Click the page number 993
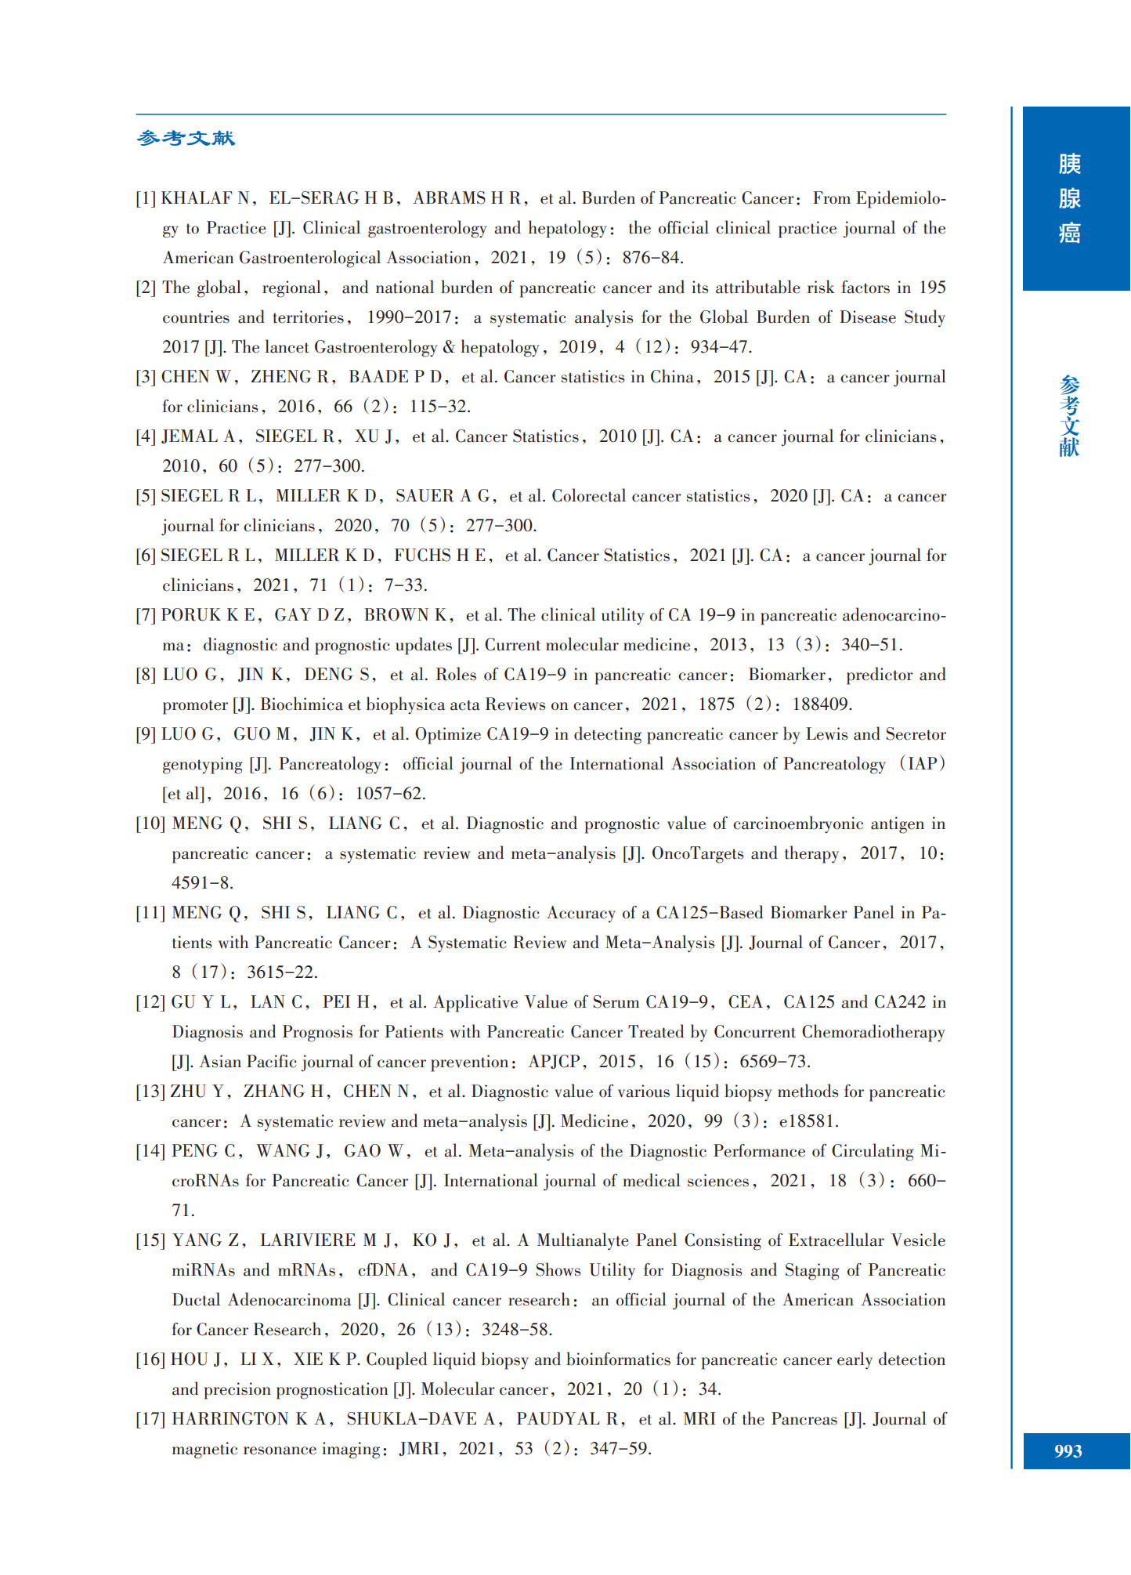pos(1068,1450)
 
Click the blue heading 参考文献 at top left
pos(186,139)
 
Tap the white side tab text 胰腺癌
pos(1069,198)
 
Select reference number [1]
pos(146,198)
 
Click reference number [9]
pos(146,734)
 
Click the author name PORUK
pos(191,615)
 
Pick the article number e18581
pos(808,1121)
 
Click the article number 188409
pos(822,704)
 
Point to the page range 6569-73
pos(774,1062)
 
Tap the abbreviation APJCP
pos(555,1062)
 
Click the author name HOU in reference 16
pos(189,1360)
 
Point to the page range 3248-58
pos(517,1330)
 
